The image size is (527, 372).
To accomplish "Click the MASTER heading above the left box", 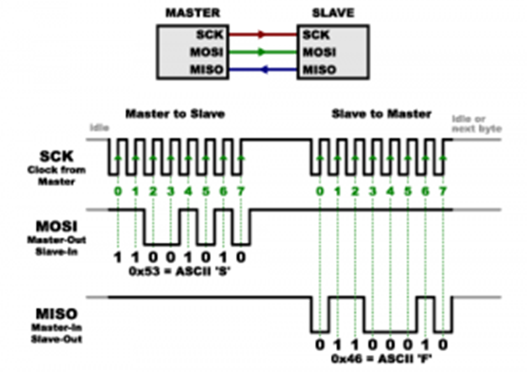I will (x=191, y=13).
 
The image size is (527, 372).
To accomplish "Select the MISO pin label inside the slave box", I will (x=319, y=70).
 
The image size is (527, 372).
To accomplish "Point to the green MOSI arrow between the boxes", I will (x=262, y=51).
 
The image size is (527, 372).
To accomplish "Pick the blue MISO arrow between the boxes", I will (x=262, y=70).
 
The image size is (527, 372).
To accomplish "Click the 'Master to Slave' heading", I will (x=175, y=113).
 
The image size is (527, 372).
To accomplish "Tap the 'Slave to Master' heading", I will (x=381, y=113).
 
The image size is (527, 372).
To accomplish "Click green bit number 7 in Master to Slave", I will (x=242, y=192).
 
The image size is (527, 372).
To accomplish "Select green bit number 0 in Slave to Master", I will (x=319, y=192).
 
